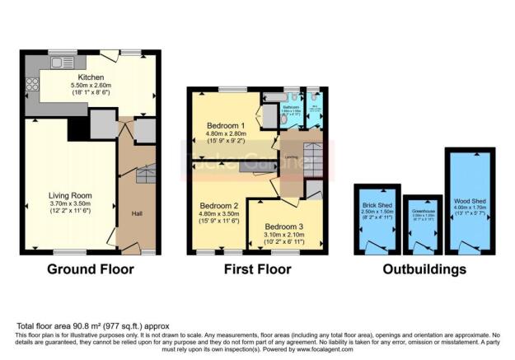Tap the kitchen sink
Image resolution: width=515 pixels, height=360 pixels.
[62, 63]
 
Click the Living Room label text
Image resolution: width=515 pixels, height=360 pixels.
[69, 196]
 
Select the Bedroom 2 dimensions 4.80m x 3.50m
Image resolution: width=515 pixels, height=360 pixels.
[219, 213]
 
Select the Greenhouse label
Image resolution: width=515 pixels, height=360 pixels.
[424, 209]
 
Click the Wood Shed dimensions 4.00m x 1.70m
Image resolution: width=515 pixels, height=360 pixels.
[470, 208]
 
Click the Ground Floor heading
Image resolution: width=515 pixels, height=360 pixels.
[91, 269]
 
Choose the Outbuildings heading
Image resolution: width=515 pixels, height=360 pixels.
[424, 269]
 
